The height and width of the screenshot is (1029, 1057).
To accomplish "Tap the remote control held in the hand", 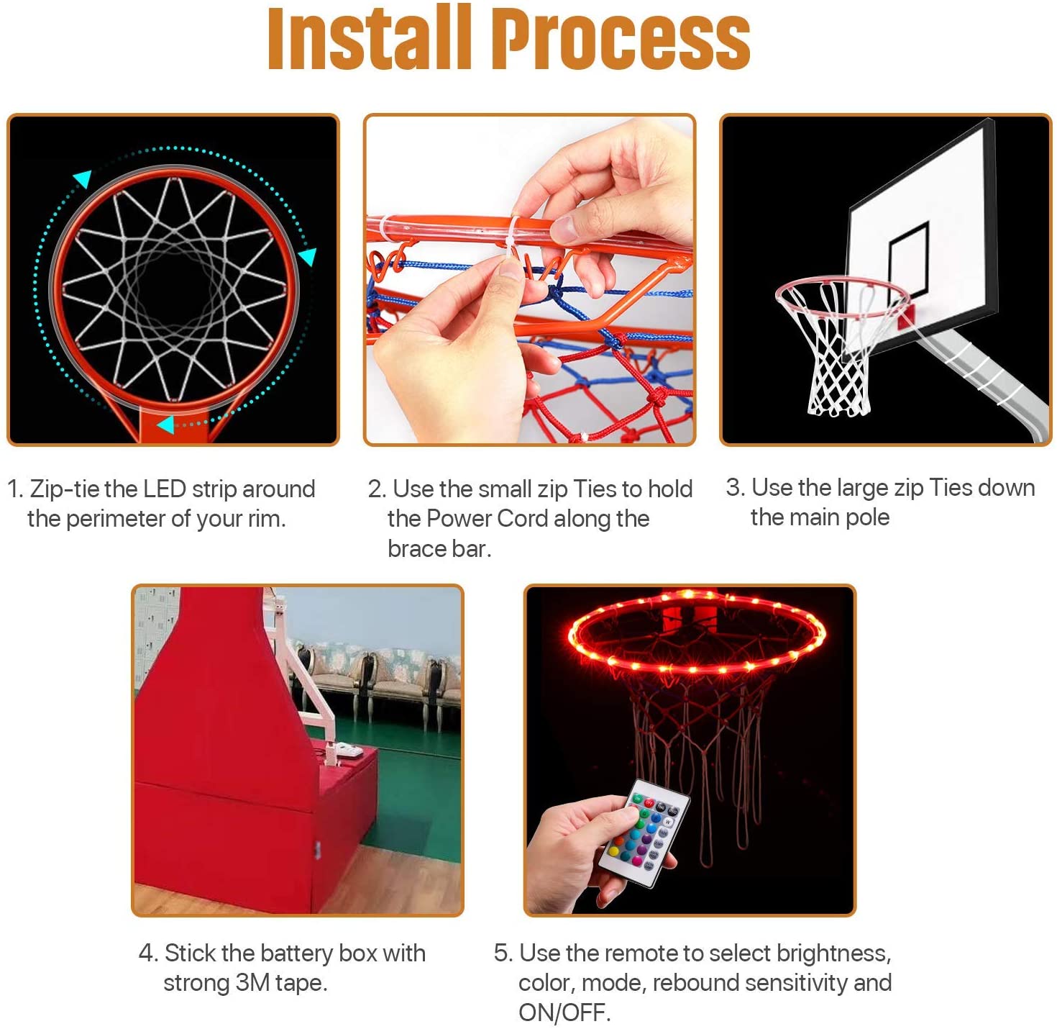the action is pos(644,834).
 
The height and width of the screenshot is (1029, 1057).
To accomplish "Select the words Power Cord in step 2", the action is pos(485,519).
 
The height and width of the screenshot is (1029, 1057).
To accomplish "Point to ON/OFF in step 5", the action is pos(564,1013).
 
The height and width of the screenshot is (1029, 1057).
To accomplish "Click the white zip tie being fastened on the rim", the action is pos(513,239).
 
